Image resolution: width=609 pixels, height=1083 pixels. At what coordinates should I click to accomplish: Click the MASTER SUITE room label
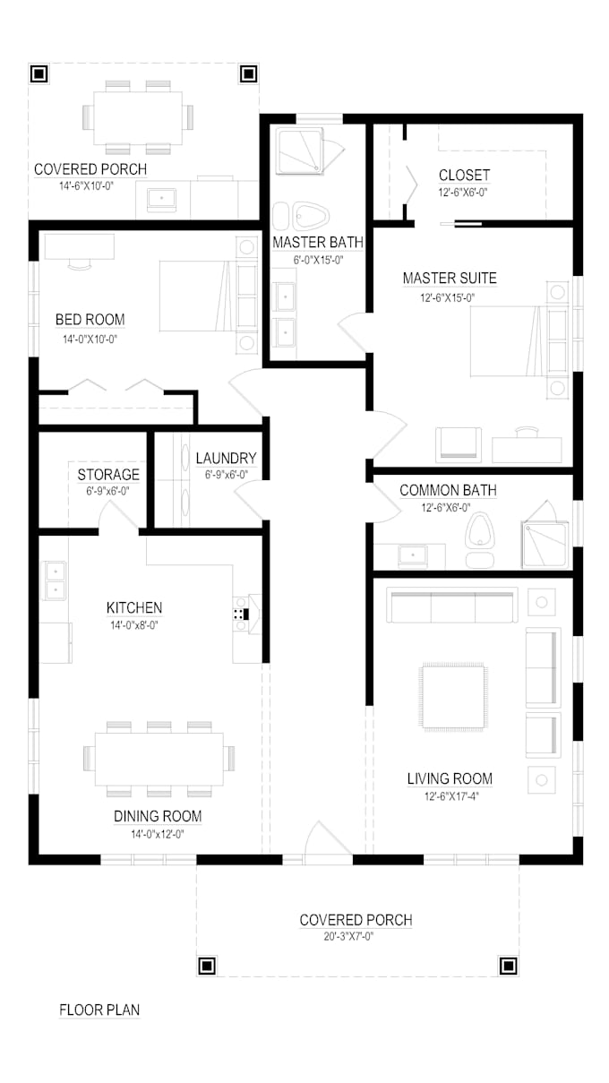point(450,278)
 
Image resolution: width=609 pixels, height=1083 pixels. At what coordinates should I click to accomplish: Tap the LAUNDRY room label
point(226,459)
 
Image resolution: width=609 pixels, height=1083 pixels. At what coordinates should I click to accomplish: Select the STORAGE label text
point(108,475)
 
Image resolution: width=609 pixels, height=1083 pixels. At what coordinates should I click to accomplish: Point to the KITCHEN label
point(134,608)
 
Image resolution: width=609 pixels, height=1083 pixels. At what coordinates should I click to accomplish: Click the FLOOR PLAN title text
point(99,1010)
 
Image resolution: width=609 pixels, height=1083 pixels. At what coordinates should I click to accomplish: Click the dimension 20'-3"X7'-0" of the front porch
point(356,937)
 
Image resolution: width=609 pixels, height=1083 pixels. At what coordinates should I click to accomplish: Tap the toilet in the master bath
point(306,216)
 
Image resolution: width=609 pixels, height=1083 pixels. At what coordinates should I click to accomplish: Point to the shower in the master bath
point(303,150)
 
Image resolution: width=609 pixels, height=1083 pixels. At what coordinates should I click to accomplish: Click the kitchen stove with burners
point(240,615)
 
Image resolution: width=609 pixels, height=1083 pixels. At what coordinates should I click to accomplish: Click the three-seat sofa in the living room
point(452,606)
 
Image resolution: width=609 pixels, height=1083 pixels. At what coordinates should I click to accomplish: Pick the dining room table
point(159,759)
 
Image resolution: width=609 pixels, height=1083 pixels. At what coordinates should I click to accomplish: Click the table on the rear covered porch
point(138,116)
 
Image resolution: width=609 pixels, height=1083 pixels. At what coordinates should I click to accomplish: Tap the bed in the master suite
point(507,340)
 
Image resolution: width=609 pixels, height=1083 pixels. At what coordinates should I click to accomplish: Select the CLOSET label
point(464,176)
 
